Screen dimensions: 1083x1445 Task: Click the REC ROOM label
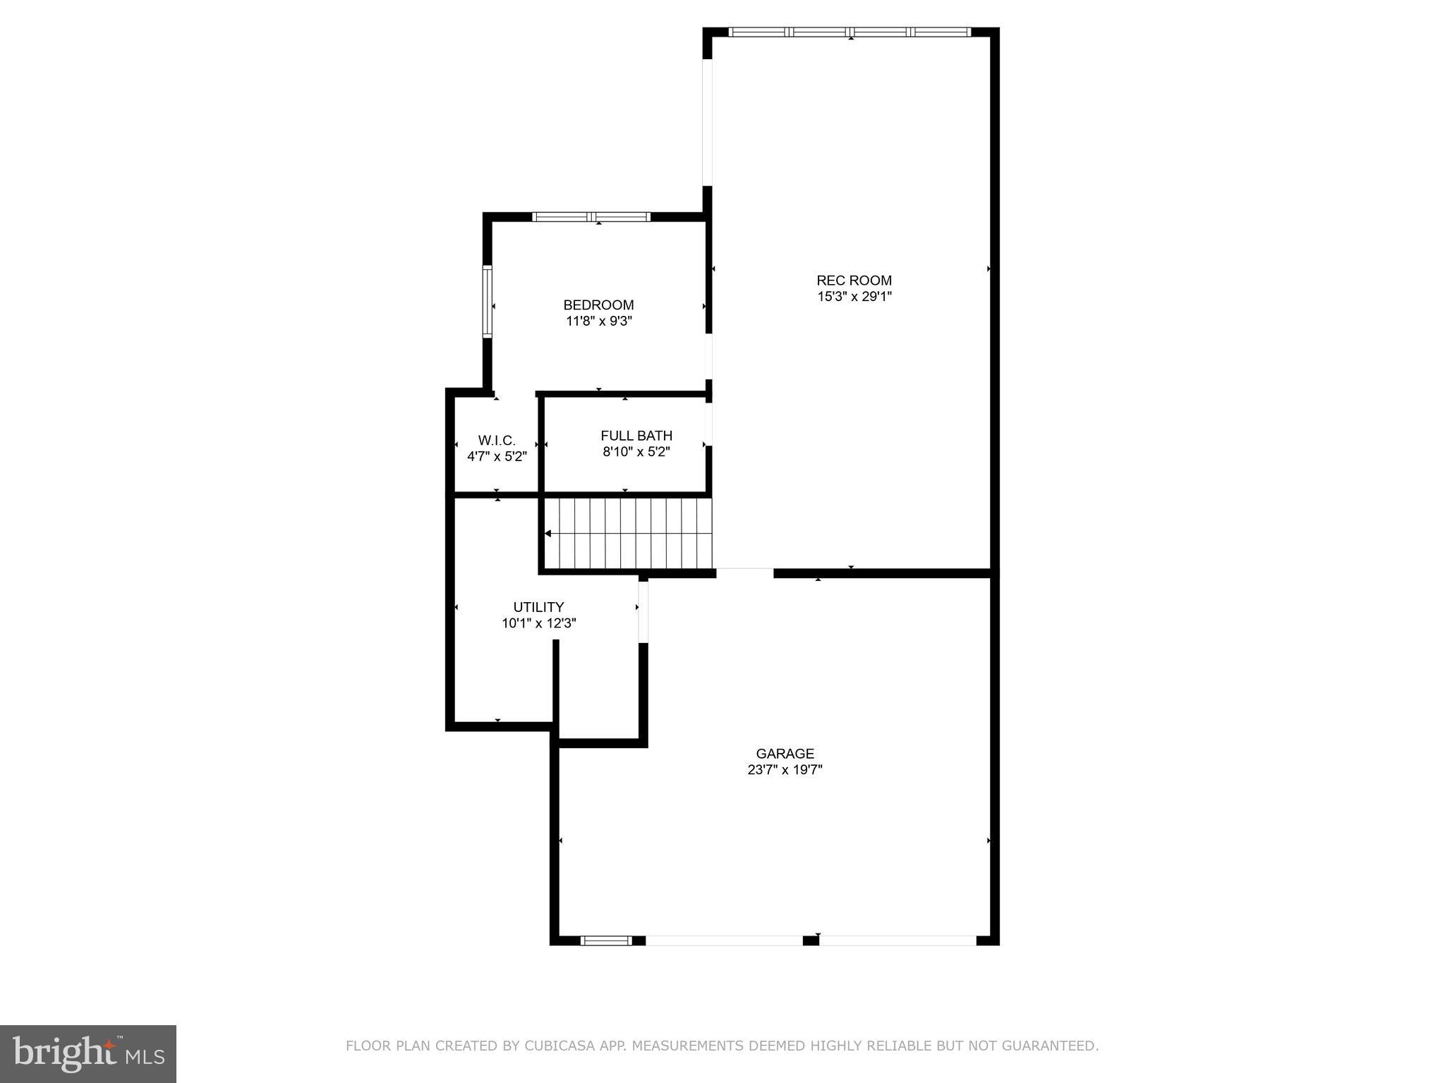click(x=854, y=280)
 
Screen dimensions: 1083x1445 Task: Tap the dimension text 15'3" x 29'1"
click(x=854, y=297)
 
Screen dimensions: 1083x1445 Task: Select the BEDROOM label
click(x=598, y=305)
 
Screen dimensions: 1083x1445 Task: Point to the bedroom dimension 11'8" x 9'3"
click(x=598, y=321)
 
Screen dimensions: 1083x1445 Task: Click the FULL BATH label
click(x=636, y=436)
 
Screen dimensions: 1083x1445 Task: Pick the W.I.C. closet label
click(x=497, y=440)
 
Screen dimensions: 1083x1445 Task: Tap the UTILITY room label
click(x=538, y=607)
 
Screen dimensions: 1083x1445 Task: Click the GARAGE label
click(x=785, y=754)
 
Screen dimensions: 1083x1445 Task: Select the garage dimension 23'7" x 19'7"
click(x=785, y=770)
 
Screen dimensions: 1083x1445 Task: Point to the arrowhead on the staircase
click(x=548, y=534)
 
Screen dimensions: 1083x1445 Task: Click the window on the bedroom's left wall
click(x=487, y=301)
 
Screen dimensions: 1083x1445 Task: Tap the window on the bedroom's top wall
click(x=591, y=216)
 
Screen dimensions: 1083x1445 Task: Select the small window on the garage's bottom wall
click(x=605, y=940)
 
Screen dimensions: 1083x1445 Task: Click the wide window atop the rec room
click(x=850, y=32)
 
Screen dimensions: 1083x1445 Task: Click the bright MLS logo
click(x=88, y=1053)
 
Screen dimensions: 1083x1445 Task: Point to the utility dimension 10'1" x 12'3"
click(x=538, y=623)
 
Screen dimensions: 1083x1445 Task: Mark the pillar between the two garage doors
click(x=811, y=940)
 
